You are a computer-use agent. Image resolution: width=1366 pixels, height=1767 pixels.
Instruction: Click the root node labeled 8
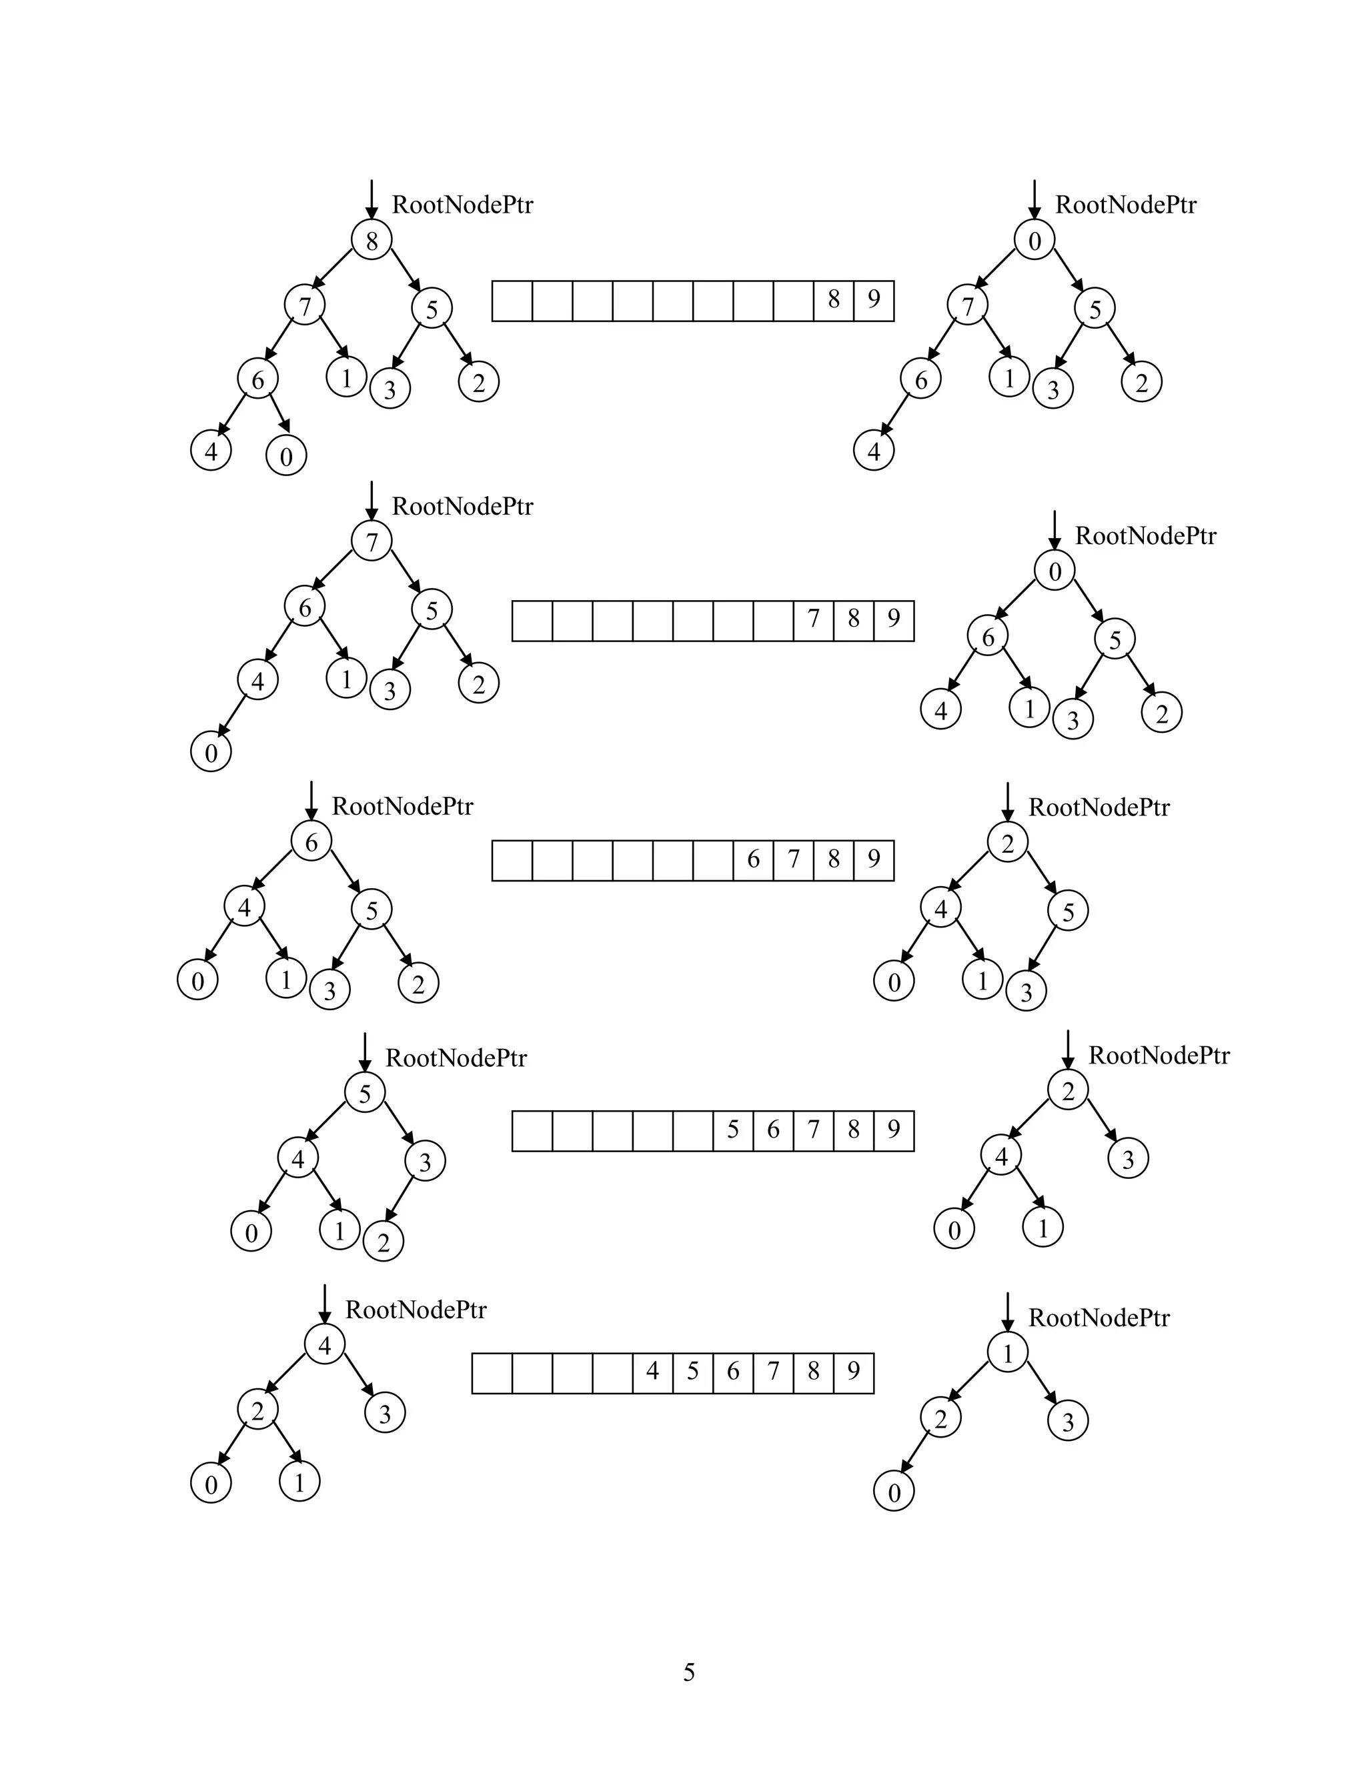[372, 240]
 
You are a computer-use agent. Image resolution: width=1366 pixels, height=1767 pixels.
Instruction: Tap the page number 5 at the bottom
[688, 1672]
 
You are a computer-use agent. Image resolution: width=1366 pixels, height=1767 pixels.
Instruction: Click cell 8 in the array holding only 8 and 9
[834, 300]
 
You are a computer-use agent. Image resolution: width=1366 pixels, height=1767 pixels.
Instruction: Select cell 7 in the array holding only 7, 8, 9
[813, 619]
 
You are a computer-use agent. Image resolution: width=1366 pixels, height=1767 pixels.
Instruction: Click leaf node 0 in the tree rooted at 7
[211, 752]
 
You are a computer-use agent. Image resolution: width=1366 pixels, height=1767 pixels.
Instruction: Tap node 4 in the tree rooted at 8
[211, 451]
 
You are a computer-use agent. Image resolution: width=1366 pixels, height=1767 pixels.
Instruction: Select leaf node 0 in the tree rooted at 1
[894, 1492]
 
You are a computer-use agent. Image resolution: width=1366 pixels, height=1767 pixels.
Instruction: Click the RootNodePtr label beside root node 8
[462, 205]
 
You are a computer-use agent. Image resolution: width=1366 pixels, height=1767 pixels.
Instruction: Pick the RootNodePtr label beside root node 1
[1098, 1318]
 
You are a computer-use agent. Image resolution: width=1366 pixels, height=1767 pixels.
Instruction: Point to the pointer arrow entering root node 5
[365, 1052]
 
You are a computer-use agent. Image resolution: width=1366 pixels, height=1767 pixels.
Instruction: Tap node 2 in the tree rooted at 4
[257, 1411]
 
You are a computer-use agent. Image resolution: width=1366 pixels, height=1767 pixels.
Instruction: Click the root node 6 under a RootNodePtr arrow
[311, 842]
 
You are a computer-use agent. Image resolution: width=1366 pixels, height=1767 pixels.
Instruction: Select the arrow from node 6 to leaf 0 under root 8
[279, 414]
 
